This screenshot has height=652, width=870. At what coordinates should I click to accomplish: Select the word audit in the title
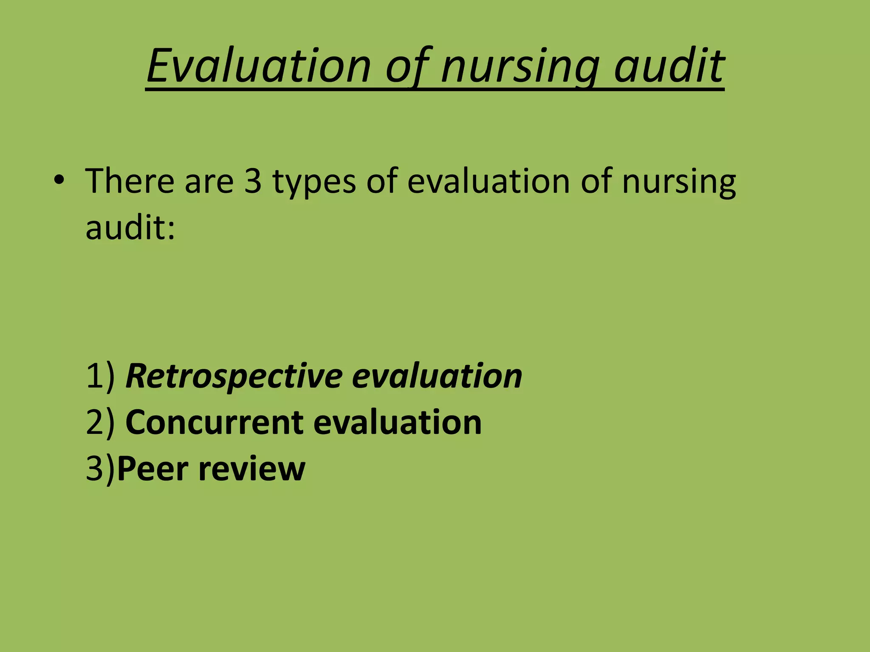pos(669,66)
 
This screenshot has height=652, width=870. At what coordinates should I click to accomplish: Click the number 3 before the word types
pos(253,181)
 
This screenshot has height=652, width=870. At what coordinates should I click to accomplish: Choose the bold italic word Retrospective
pos(234,377)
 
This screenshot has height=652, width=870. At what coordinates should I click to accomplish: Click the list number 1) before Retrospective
pos(100,376)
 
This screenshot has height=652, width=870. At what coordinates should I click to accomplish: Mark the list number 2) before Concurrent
pos(100,422)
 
